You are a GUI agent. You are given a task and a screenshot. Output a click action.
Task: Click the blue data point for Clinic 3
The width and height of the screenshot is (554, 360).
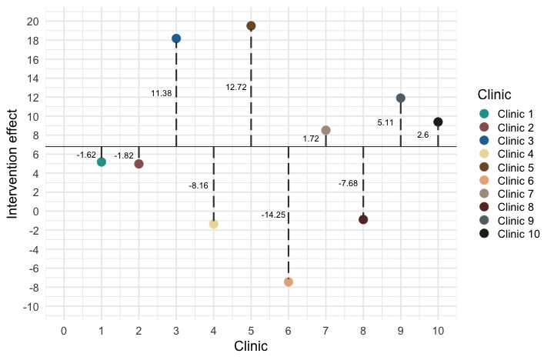tap(176, 38)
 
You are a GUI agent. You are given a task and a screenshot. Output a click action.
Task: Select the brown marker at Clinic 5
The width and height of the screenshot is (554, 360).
tap(251, 26)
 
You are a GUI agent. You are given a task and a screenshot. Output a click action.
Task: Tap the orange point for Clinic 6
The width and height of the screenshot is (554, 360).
tap(289, 282)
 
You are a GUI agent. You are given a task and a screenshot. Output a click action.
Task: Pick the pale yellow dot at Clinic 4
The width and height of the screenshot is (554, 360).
tap(214, 224)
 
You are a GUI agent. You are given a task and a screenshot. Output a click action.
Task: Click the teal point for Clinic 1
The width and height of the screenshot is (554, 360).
tap(102, 162)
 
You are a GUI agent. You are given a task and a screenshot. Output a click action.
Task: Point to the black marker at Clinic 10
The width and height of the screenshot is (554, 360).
tap(438, 122)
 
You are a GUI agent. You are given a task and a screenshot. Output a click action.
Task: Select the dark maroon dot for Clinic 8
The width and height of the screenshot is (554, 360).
tap(363, 219)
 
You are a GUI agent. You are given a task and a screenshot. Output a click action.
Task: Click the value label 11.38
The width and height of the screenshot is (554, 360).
tap(162, 93)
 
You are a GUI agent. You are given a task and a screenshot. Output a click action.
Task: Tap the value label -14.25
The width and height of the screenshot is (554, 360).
tap(273, 215)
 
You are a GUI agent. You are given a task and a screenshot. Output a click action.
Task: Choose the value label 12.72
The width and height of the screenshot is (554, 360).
tap(236, 87)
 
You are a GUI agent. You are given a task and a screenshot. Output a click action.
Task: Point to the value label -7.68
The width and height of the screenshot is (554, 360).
tap(348, 183)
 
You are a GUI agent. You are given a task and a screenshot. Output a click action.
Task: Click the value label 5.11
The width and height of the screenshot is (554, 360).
tap(385, 122)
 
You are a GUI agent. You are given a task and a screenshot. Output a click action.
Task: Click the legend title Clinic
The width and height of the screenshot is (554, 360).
tap(495, 95)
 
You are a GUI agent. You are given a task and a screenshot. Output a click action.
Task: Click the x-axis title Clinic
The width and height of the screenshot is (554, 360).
tap(251, 346)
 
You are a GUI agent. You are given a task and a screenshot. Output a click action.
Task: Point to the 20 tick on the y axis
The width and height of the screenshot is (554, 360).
tap(32, 22)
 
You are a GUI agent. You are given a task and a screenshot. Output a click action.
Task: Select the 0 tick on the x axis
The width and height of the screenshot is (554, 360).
tap(64, 331)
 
